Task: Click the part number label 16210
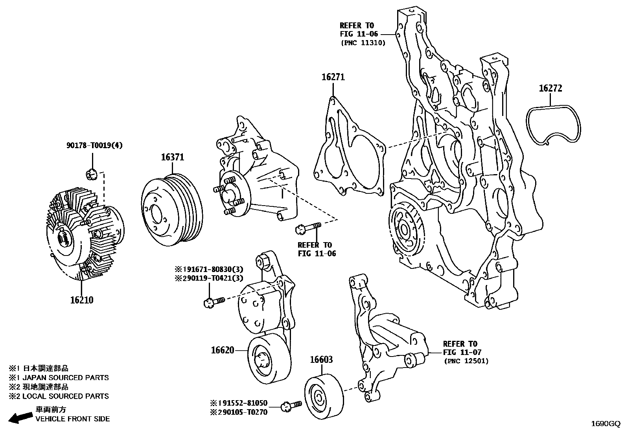click(82, 300)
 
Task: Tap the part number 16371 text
click(172, 157)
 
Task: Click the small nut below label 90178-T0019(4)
click(91, 173)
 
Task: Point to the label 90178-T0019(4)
click(94, 146)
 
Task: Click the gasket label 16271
click(333, 77)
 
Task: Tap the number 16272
click(550, 88)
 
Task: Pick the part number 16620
click(223, 350)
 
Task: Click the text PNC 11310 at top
click(363, 43)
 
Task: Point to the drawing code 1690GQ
click(606, 424)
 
